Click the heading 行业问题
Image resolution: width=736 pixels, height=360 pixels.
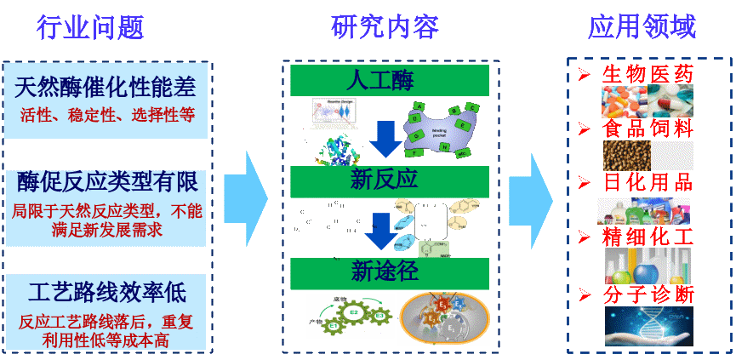coord(90,28)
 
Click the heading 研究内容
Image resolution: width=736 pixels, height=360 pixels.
coord(385,28)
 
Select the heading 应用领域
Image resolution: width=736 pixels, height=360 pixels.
coord(642,28)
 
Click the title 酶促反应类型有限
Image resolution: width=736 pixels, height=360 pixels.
coord(106,181)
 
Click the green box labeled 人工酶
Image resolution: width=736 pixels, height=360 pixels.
coord(389,81)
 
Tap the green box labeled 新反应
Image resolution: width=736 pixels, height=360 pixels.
coord(389,180)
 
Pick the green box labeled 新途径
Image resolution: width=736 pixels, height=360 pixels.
coord(389,272)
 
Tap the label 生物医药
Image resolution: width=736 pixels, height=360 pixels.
coord(648,74)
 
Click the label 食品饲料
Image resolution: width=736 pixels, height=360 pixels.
coord(648,129)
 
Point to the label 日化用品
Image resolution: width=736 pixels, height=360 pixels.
coord(648,182)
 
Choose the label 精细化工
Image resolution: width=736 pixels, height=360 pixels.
coord(648,236)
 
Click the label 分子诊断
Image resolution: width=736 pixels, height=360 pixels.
coord(648,294)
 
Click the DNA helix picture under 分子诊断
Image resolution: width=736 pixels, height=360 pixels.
coord(648,326)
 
